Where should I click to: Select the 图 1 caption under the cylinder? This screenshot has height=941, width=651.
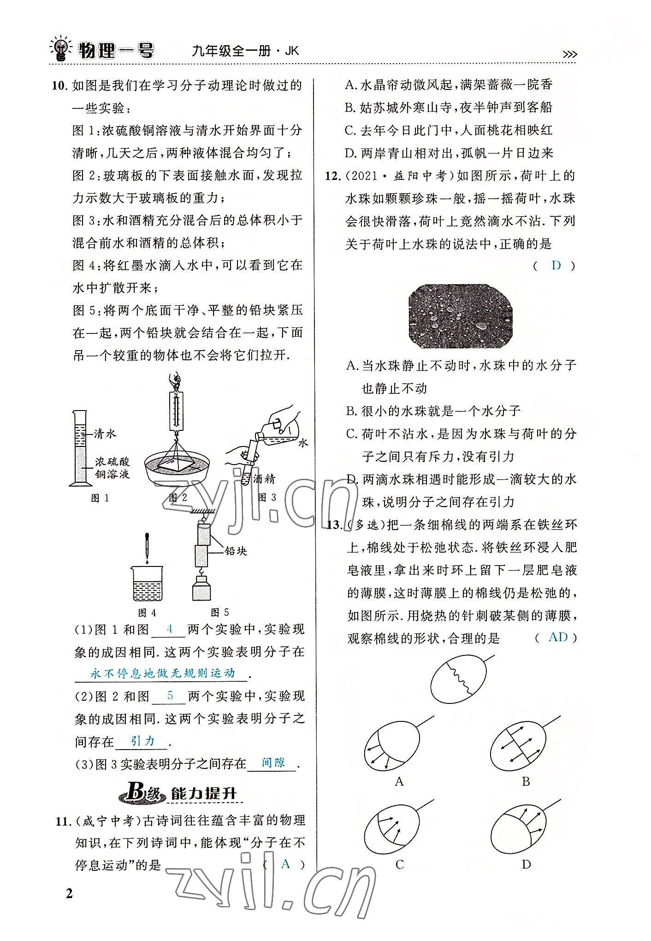(100, 498)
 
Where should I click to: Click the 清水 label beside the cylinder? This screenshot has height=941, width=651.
(104, 434)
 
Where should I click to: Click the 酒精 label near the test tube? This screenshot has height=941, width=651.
(264, 479)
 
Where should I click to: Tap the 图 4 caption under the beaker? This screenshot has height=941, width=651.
(147, 613)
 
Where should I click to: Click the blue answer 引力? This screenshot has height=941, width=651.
(142, 741)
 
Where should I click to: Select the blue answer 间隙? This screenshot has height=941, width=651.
(273, 763)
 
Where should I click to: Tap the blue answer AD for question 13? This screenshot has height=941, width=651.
(558, 637)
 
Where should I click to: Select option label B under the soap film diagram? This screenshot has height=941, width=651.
(526, 781)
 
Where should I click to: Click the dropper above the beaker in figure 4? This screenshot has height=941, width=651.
(147, 548)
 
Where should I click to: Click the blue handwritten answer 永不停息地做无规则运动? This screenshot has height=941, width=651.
(162, 673)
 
